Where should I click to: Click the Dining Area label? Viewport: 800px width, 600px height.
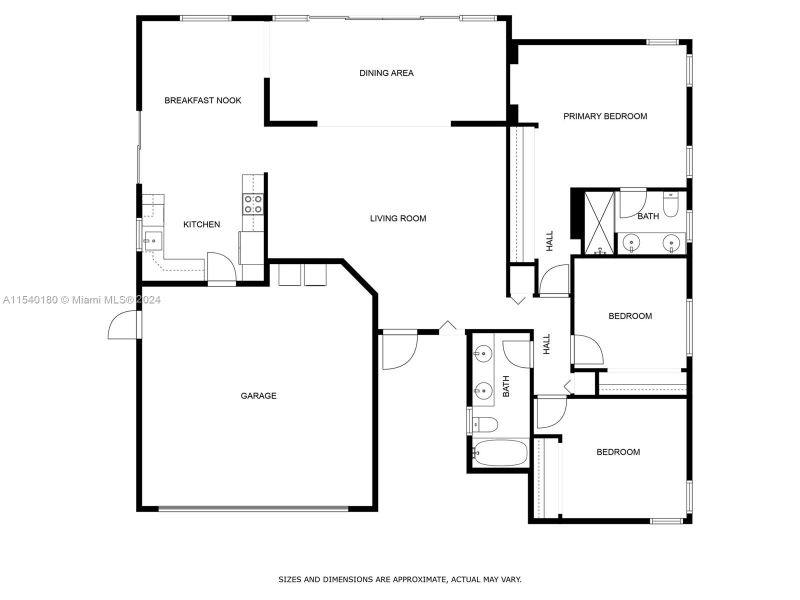[x=386, y=73]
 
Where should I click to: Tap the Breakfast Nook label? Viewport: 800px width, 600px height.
[x=202, y=100]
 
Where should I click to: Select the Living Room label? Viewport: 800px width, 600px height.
[x=398, y=218]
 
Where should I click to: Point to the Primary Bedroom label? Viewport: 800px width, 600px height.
[x=605, y=116]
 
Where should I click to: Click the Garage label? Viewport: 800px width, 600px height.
[x=258, y=396]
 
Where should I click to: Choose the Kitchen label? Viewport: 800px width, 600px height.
[x=201, y=225]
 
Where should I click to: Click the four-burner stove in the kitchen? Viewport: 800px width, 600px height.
[x=253, y=204]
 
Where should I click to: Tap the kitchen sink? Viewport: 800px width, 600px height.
[x=153, y=241]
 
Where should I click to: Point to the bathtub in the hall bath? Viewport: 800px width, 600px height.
[x=500, y=453]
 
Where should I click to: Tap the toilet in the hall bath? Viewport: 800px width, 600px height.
[x=484, y=424]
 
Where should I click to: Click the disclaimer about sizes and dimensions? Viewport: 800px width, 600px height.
[x=400, y=579]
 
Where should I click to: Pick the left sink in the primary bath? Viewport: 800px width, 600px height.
[x=631, y=242]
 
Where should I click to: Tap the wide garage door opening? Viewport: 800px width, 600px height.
[x=253, y=509]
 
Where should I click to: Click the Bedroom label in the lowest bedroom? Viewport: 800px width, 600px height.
[x=618, y=452]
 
